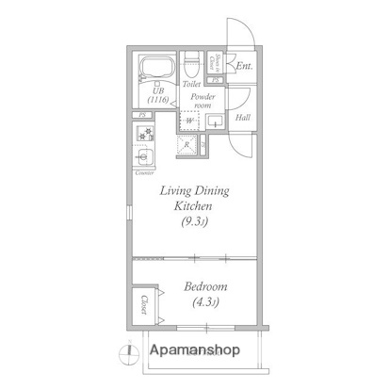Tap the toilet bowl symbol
click(x=192, y=65)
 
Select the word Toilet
click(x=192, y=85)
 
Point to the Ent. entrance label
click(x=243, y=66)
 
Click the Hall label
click(x=242, y=117)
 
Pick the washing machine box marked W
click(x=191, y=121)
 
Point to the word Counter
click(x=145, y=173)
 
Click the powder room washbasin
click(x=214, y=121)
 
